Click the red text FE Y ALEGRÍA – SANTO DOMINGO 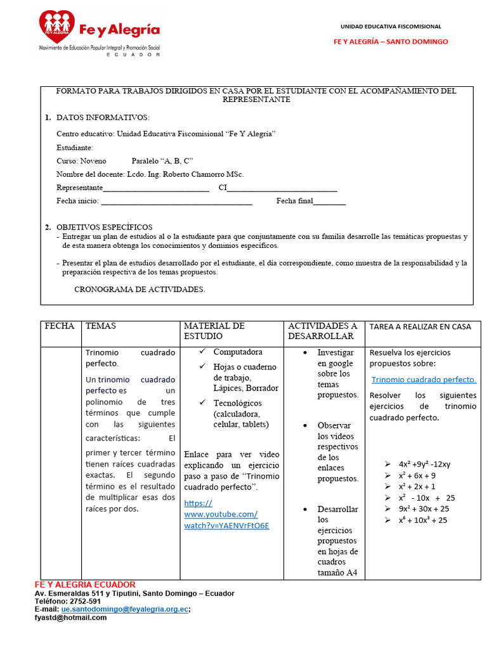391,42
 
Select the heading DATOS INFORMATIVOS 103,118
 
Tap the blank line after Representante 156,188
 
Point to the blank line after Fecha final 330,202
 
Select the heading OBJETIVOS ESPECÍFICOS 105,227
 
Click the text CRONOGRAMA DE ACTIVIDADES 140,289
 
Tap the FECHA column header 60,326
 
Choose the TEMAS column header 101,326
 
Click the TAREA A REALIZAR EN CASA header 420,327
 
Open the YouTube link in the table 226,514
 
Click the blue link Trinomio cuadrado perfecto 423,380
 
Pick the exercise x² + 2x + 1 417,487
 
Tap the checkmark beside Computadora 202,351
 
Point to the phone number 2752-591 86,601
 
